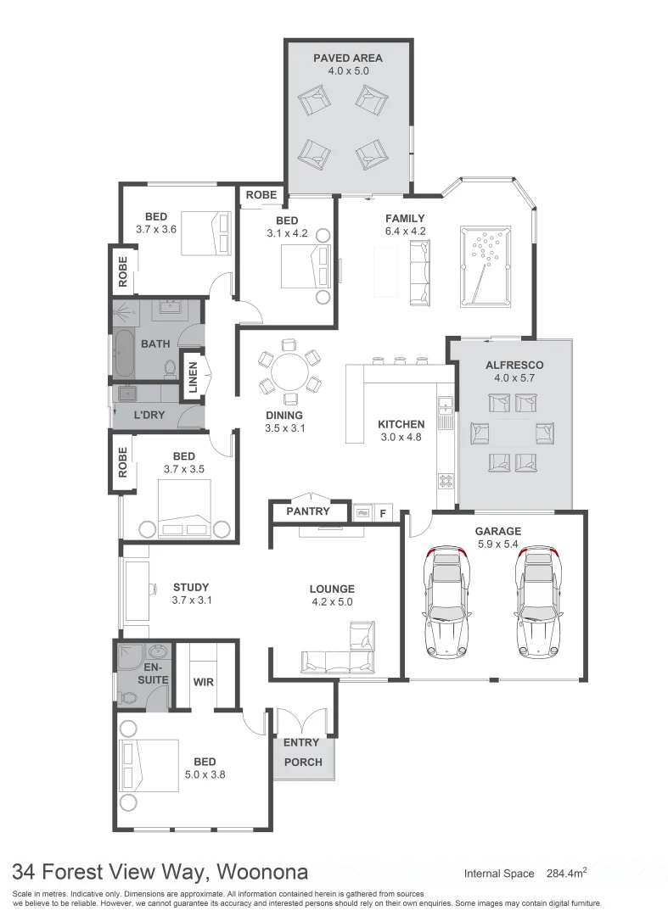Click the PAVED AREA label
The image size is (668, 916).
(x=347, y=58)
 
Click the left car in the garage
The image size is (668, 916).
(x=447, y=600)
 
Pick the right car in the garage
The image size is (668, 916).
(x=538, y=600)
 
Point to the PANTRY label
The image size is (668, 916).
(x=307, y=511)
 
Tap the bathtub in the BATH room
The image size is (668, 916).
(x=124, y=355)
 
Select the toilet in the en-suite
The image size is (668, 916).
(x=126, y=697)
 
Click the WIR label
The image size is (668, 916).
(x=204, y=680)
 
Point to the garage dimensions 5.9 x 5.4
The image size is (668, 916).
(x=497, y=545)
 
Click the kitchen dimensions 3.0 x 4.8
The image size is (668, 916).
(x=401, y=438)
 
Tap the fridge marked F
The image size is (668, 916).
(x=383, y=512)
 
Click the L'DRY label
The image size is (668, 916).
(x=149, y=416)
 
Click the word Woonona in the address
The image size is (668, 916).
(x=262, y=872)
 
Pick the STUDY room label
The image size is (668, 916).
(x=190, y=587)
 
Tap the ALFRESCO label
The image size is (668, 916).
(x=514, y=365)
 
